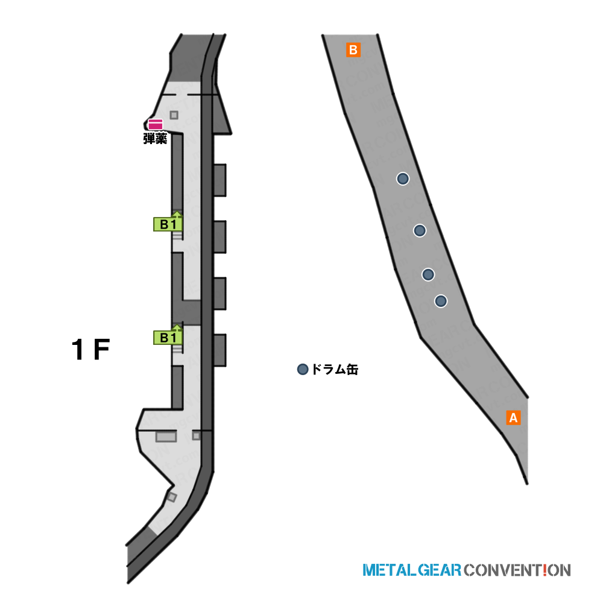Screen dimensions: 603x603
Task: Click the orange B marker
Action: pos(353,49)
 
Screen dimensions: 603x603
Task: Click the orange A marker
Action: pos(513,418)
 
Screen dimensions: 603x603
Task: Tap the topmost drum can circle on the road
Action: pos(403,178)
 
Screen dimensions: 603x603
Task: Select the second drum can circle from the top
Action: pos(420,230)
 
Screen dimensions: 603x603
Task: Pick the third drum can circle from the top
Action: pos(428,274)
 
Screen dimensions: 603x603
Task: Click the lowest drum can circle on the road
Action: pos(441,301)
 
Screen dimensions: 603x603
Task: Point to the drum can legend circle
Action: pos(303,369)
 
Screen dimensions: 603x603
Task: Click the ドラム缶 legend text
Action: pos(335,369)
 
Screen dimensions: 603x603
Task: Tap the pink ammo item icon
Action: pos(156,125)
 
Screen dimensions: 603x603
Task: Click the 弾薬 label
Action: pos(156,139)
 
